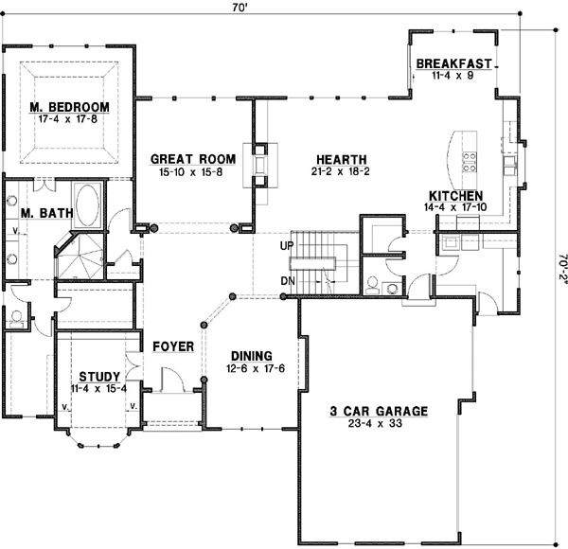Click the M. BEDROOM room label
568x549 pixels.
68,106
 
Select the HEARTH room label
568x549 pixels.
342,159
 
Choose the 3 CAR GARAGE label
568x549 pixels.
379,411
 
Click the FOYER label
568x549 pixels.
173,347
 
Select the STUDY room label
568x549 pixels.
99,376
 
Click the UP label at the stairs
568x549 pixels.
286,246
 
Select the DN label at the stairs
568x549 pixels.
287,281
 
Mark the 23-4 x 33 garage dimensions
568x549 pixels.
379,425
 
